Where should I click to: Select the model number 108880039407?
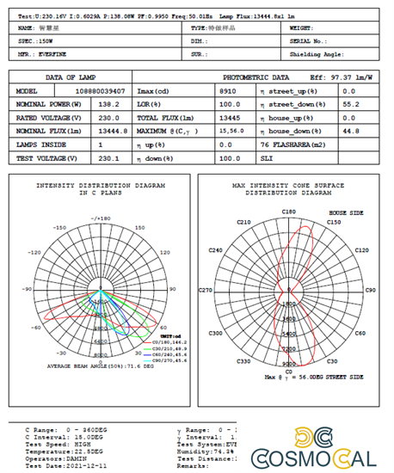click(x=105, y=90)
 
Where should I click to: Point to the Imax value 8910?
click(x=228, y=90)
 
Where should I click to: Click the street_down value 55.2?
click(x=350, y=103)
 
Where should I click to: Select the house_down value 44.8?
click(x=350, y=131)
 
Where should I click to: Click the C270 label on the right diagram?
click(x=206, y=291)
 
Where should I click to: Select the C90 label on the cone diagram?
click(x=371, y=291)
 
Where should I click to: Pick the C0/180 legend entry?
click(x=168, y=342)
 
